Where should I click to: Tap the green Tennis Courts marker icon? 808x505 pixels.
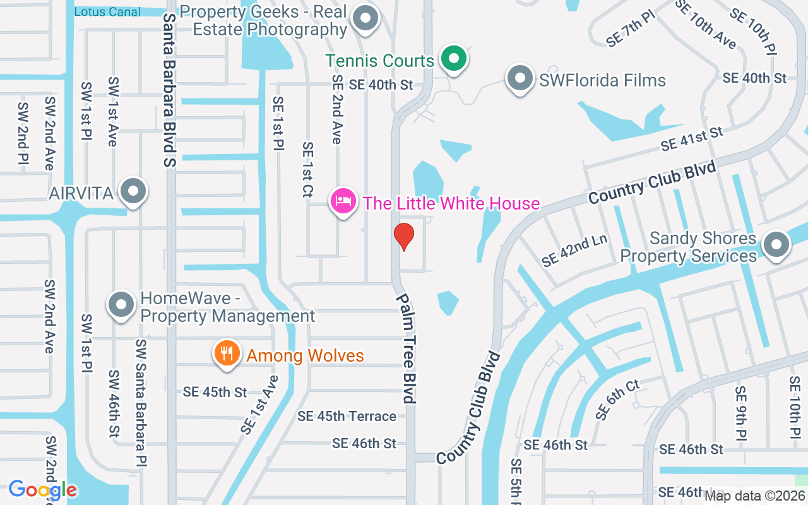click(453, 59)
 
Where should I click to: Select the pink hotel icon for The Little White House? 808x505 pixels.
click(343, 202)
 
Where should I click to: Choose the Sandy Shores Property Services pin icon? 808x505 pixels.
click(776, 245)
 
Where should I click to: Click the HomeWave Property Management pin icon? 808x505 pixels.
click(121, 306)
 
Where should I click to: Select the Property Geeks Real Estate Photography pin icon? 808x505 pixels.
click(365, 20)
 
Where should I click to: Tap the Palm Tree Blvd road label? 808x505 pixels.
click(406, 348)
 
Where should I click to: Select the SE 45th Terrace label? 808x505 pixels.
click(347, 416)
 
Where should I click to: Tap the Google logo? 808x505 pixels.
click(42, 490)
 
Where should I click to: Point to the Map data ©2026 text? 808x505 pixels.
click(754, 496)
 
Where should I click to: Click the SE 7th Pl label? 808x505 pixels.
click(631, 28)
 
